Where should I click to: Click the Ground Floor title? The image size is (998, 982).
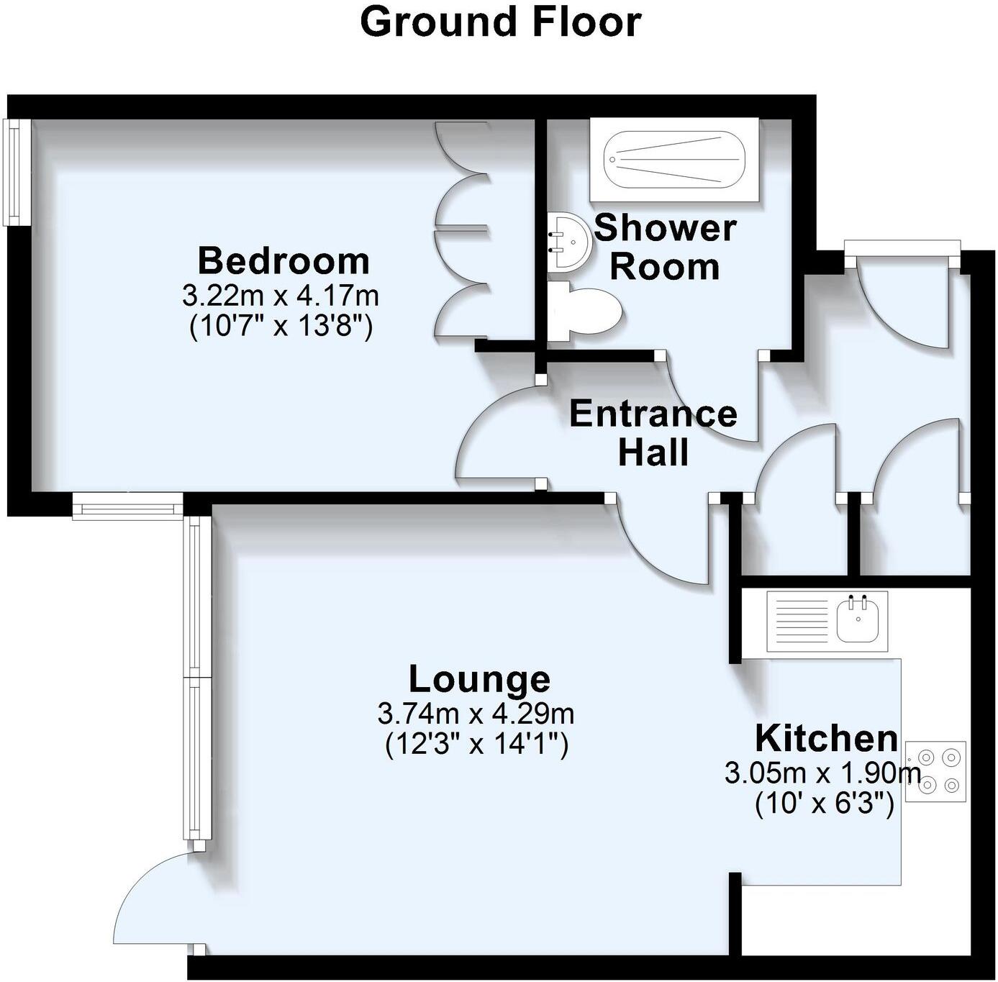(x=500, y=23)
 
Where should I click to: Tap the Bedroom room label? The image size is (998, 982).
(x=283, y=261)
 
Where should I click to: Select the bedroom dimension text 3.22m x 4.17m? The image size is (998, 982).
(x=280, y=296)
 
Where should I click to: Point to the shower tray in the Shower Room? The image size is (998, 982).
(x=674, y=160)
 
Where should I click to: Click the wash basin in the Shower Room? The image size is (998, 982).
(x=568, y=241)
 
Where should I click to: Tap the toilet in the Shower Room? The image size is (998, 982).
(x=585, y=312)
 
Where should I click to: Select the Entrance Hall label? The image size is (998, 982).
(x=653, y=433)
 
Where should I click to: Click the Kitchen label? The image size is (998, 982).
(x=827, y=739)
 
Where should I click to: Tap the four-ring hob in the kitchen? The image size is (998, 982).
(x=936, y=772)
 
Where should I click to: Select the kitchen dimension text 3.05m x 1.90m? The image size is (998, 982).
(x=822, y=774)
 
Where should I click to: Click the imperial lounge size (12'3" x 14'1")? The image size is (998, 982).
(x=476, y=746)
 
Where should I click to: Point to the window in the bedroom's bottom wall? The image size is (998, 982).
(x=128, y=506)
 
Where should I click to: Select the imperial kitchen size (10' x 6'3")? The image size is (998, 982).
(x=824, y=806)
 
